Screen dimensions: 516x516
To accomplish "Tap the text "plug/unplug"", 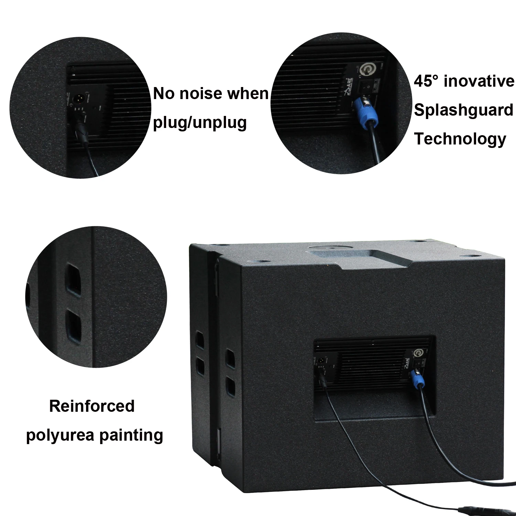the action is point(200,122).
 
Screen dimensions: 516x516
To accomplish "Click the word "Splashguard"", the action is point(463,110).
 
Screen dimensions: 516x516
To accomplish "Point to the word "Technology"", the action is point(460,139).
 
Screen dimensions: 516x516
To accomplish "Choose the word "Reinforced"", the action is point(92,406).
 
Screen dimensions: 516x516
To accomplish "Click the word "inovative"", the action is point(479,81).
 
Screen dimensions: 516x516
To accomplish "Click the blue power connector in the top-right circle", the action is point(364,109).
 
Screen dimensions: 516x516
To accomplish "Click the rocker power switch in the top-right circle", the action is point(365,86).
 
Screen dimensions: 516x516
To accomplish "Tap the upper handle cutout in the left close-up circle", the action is point(74,276).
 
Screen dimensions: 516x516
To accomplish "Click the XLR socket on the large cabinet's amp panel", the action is point(319,361).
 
